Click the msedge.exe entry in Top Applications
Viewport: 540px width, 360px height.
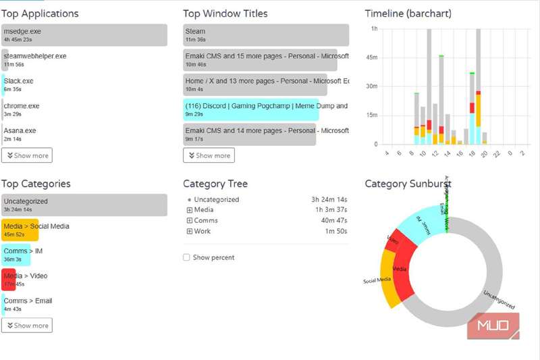tap(84, 35)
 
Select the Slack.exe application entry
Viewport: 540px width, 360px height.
tap(18, 84)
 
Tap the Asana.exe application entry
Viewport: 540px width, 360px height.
tap(20, 134)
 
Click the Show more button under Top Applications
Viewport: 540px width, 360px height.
tap(27, 155)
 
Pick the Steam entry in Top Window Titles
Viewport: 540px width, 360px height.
tap(266, 35)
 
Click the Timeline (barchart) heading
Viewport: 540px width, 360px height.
tap(408, 14)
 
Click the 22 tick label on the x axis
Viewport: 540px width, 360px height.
tap(497, 153)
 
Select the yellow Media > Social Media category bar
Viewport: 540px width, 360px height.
tap(20, 230)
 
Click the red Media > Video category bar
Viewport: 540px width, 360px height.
tap(8, 279)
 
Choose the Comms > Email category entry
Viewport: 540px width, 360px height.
tap(28, 304)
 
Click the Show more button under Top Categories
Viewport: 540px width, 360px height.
tap(27, 326)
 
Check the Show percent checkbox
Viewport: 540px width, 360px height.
tap(186, 257)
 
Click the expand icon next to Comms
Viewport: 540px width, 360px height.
tap(189, 221)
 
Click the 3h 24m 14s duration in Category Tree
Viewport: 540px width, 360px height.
tap(329, 200)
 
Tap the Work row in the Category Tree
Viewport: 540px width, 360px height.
tap(202, 231)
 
